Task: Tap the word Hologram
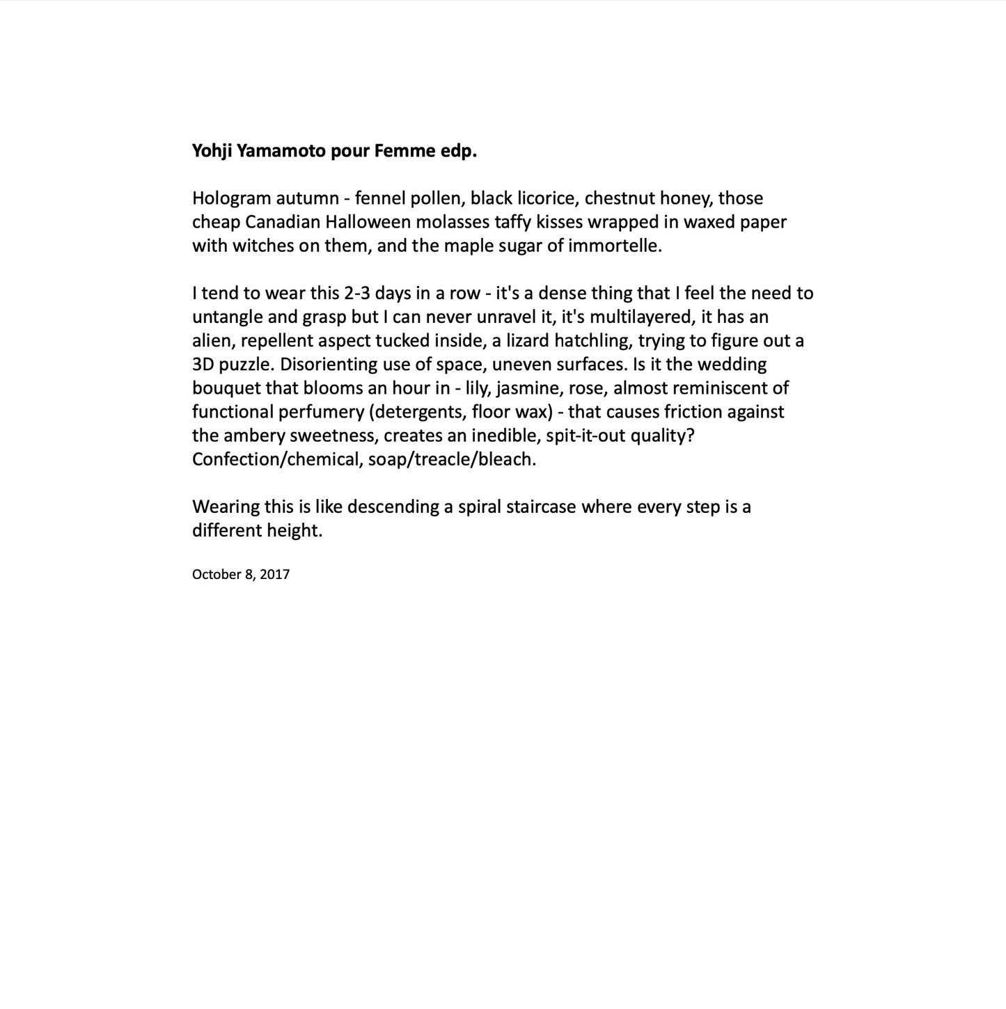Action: tap(230, 198)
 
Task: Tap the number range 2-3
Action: tap(357, 293)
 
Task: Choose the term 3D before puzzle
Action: tap(203, 364)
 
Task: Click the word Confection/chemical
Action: tap(274, 459)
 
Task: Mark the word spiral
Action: tap(479, 506)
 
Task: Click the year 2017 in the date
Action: tap(275, 574)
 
